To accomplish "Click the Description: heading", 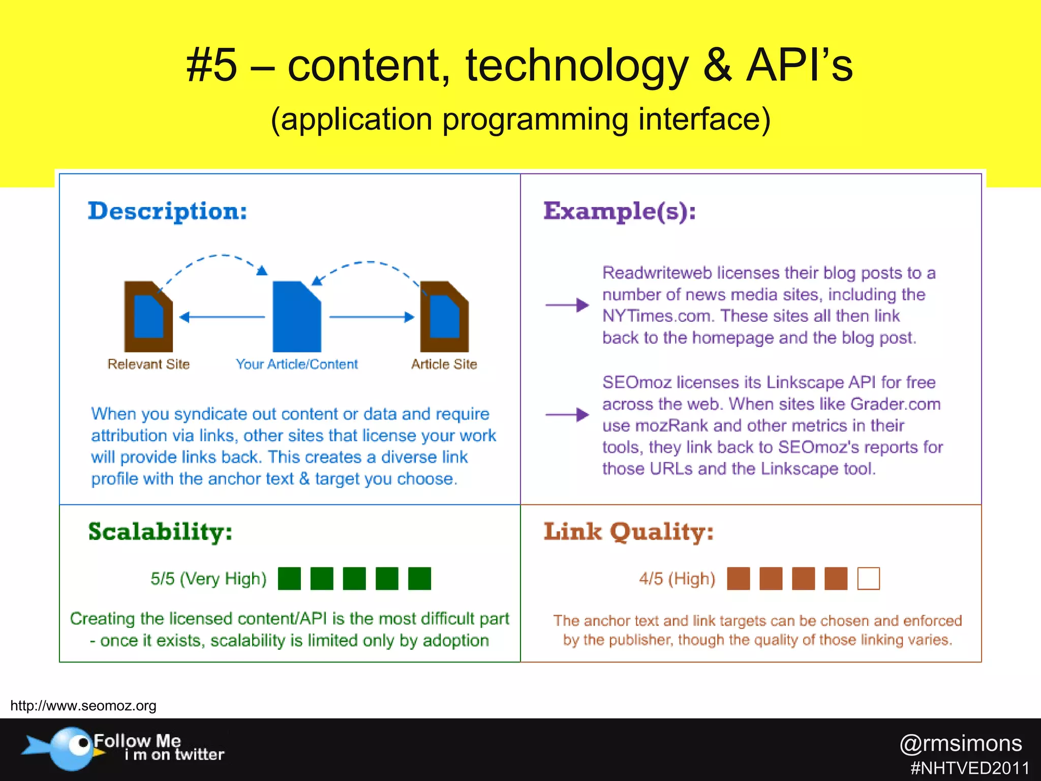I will pos(167,212).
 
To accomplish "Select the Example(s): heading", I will pos(619,212).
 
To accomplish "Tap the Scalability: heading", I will pos(160,532).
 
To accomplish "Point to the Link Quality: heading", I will pos(629,532).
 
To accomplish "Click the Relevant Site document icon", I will pos(148,317).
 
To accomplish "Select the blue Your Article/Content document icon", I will pos(297,317).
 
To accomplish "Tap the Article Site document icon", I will pos(444,317).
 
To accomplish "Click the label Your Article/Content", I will pos(297,364).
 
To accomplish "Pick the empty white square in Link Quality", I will pos(868,579).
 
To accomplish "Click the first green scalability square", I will pos(289,579).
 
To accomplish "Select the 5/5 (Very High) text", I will pos(208,579).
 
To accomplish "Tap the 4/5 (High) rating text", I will pos(677,579).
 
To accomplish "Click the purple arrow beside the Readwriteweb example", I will pos(567,305).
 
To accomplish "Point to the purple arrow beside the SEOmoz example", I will pos(567,415).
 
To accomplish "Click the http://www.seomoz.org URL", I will pos(83,706).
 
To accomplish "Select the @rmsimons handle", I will pos(960,743).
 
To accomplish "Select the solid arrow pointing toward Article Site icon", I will pos(372,317).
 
